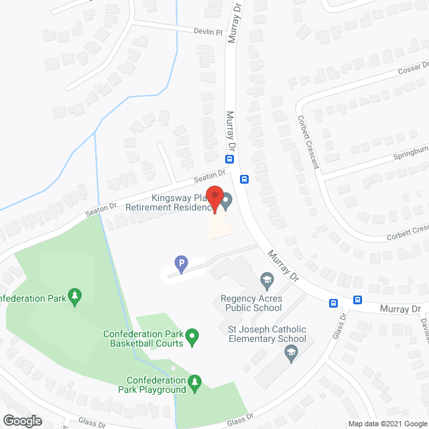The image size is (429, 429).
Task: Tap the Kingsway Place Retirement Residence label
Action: pos(171,203)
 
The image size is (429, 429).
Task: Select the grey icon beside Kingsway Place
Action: pos(227,200)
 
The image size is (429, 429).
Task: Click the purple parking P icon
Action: pos(179,264)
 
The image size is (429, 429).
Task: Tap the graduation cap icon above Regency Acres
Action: pos(266,278)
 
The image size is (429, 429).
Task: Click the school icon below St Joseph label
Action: pos(290,353)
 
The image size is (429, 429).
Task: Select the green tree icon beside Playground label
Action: pos(195,382)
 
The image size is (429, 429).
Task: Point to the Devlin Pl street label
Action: pos(208,32)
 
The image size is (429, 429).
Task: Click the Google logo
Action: pos(21,421)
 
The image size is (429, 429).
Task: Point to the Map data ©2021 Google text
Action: pos(387,423)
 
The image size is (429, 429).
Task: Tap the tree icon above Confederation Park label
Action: pos(74,296)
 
